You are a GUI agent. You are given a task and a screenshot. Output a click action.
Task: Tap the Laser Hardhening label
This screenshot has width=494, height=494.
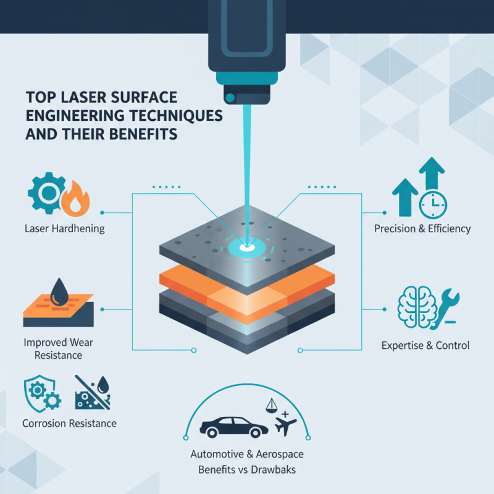pyautogui.click(x=65, y=228)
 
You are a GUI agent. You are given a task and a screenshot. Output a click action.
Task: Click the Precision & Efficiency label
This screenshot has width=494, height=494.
pyautogui.click(x=422, y=228)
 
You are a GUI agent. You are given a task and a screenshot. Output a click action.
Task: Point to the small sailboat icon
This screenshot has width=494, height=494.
pyautogui.click(x=270, y=406)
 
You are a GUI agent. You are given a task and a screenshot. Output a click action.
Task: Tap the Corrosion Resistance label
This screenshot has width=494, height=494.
pyautogui.click(x=69, y=424)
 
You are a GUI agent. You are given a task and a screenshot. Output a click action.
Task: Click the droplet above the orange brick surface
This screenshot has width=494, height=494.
pyautogui.click(x=59, y=290)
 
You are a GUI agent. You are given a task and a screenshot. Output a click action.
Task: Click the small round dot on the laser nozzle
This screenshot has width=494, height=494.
pyautogui.click(x=230, y=97)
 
